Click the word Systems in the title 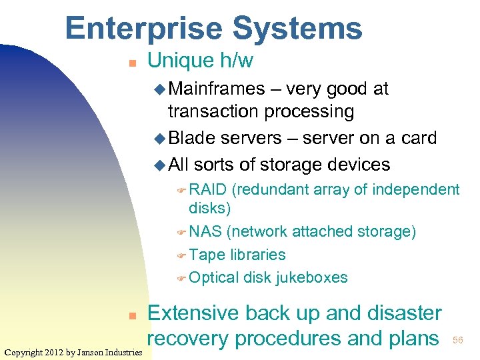click(298, 28)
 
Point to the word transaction click(215, 111)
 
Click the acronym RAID click(208, 190)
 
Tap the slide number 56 click(458, 341)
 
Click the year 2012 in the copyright click(55, 352)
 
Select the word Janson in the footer click(95, 352)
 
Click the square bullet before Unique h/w click(132, 63)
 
